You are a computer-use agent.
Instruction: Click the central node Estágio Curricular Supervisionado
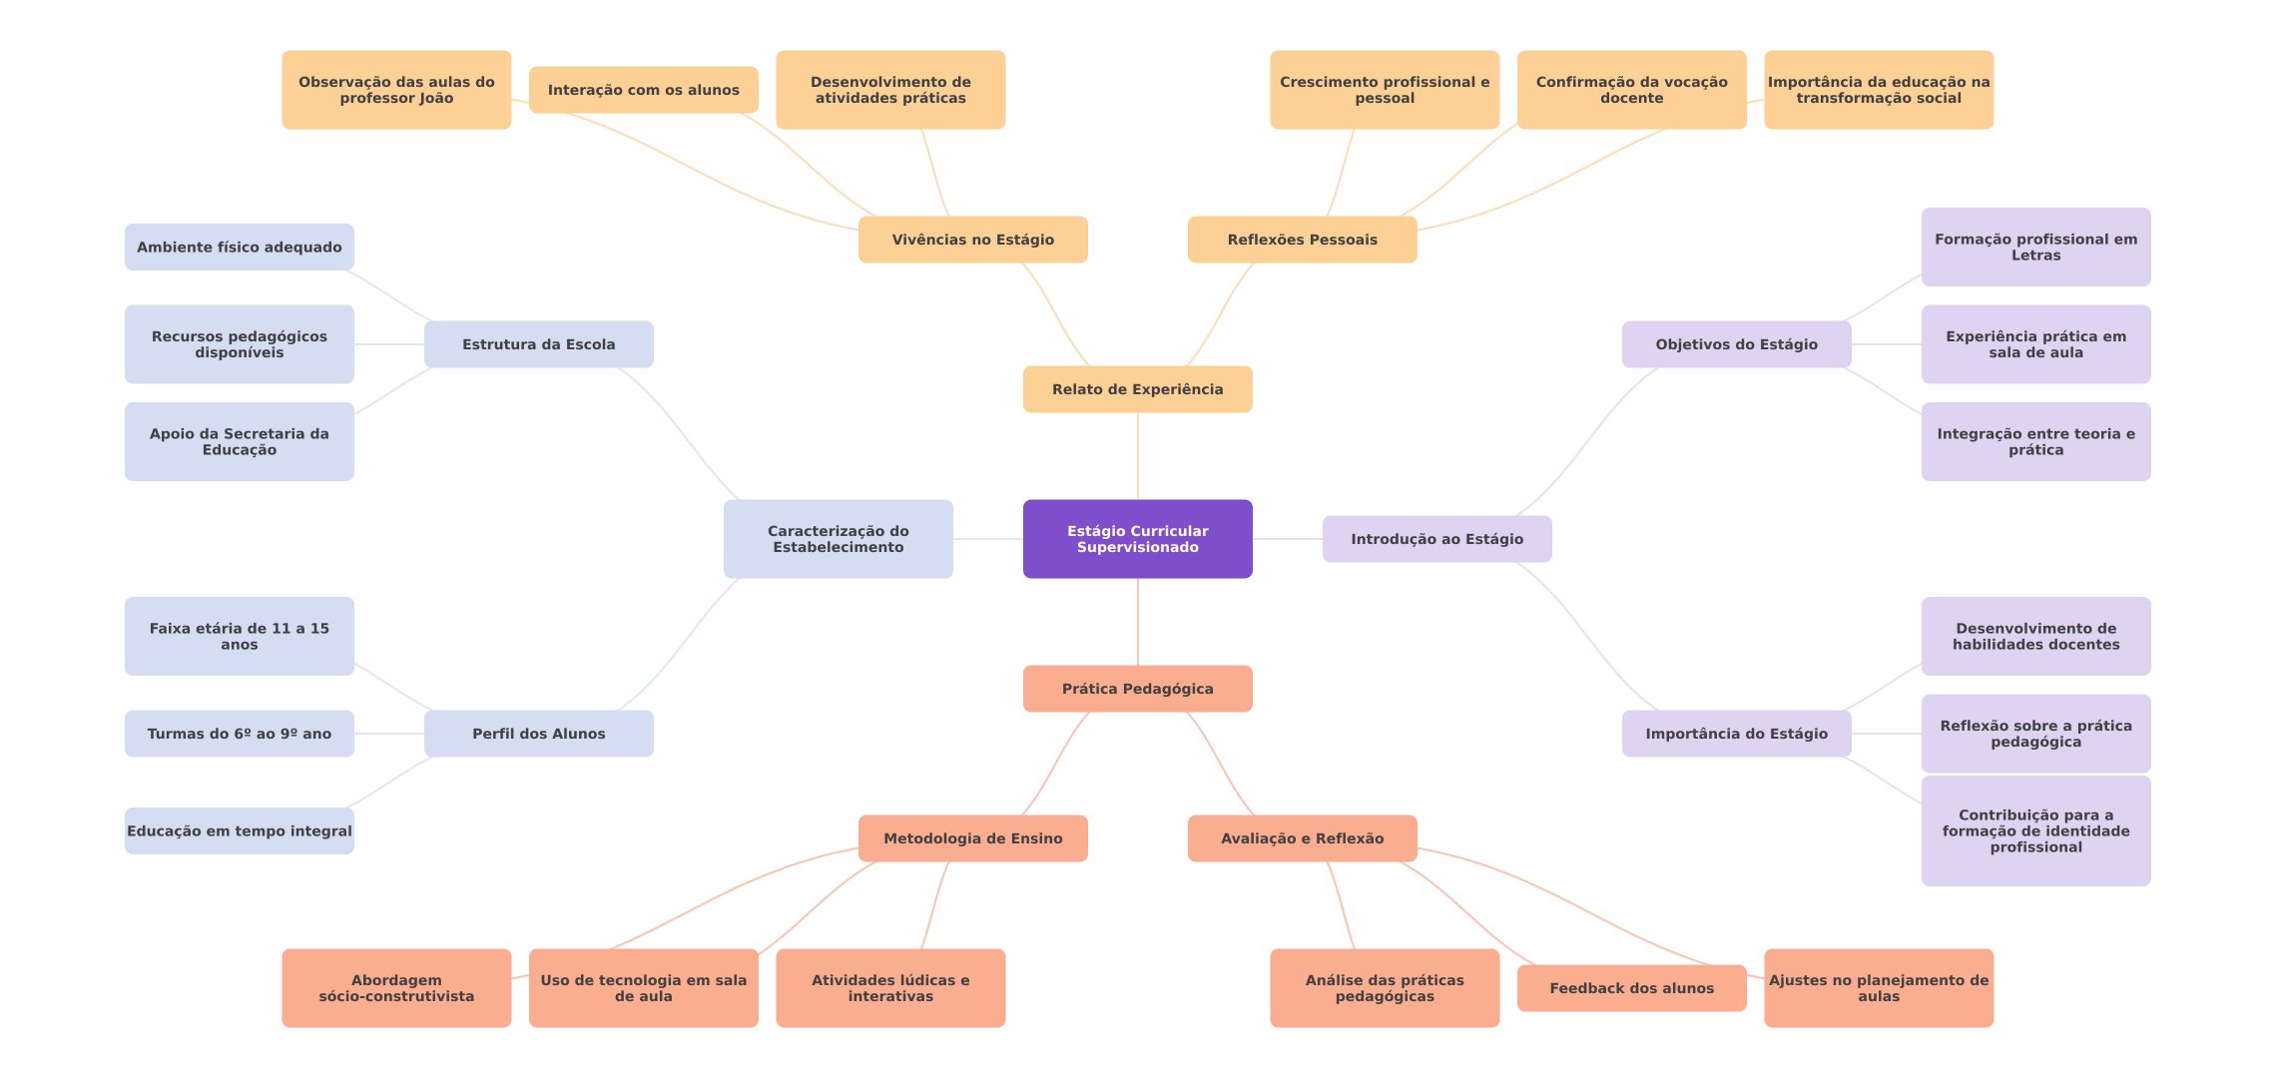1137,539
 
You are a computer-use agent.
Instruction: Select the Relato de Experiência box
1137,389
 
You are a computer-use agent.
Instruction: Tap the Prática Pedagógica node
1137,689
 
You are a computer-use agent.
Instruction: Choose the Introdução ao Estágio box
1436,539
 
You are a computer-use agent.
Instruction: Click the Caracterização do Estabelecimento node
838,539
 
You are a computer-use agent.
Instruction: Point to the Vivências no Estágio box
972,240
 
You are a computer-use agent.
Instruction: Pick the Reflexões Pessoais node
1302,240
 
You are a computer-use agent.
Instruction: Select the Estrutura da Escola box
538,344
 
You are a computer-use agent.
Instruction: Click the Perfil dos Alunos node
538,734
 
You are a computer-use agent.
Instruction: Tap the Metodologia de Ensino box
972,838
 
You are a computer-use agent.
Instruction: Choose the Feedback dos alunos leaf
1631,988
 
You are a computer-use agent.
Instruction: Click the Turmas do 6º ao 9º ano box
239,734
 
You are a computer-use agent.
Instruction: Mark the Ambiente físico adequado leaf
239,247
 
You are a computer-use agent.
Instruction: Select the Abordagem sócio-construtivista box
396,988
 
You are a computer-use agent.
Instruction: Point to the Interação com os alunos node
643,90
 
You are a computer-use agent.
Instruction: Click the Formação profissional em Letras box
2035,247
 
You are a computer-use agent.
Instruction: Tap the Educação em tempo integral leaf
239,830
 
